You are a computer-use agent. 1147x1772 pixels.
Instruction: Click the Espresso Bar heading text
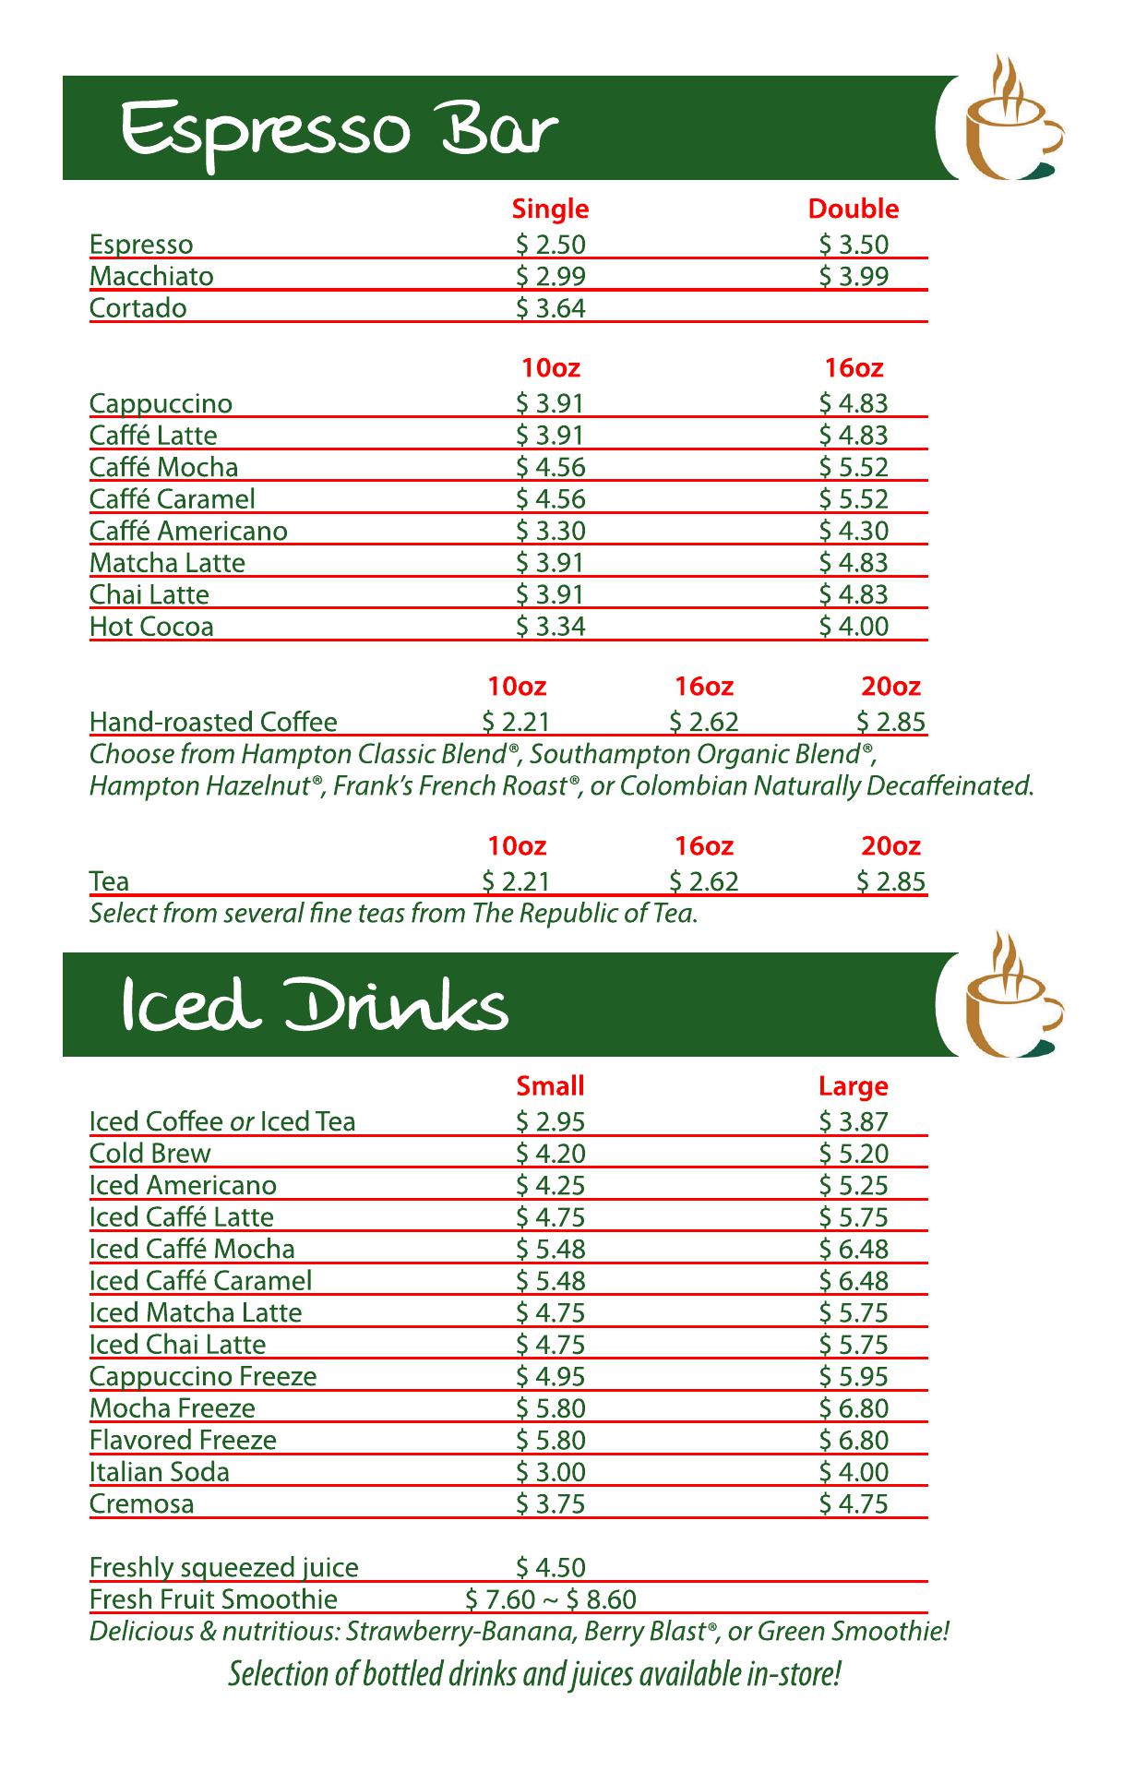coord(339,131)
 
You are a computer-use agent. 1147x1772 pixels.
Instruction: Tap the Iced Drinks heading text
coord(314,1007)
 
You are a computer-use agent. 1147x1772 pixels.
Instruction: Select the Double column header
coord(853,210)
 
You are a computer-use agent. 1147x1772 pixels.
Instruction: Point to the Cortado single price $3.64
coord(551,308)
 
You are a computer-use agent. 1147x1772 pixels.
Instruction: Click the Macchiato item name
coord(151,277)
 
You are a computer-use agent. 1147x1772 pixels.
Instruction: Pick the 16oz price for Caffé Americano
coord(854,531)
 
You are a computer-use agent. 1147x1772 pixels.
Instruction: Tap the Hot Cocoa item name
coord(151,627)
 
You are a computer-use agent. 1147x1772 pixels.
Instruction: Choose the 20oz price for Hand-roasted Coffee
coord(890,722)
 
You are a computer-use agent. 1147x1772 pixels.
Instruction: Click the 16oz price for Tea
coord(704,881)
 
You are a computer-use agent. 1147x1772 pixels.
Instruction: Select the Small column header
coord(551,1086)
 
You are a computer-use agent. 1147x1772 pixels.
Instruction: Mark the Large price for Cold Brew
coord(854,1154)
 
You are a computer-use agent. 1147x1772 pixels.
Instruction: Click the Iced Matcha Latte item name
coord(196,1312)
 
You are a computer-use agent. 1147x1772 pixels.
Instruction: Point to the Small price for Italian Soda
coord(551,1472)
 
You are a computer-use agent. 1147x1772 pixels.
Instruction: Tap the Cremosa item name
coord(142,1503)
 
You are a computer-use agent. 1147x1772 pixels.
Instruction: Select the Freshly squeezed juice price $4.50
coord(551,1567)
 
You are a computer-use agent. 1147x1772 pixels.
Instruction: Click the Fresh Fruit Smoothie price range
coord(551,1599)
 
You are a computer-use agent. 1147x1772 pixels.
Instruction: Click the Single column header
coord(550,210)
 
